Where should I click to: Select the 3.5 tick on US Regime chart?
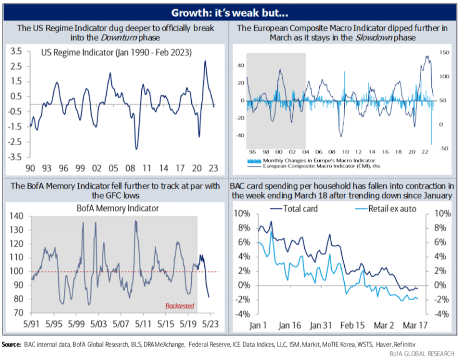[x=18, y=51]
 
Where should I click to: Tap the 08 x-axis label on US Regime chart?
[x=130, y=168]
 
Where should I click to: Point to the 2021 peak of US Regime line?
[x=205, y=61]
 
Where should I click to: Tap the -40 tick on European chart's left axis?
[x=240, y=135]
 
